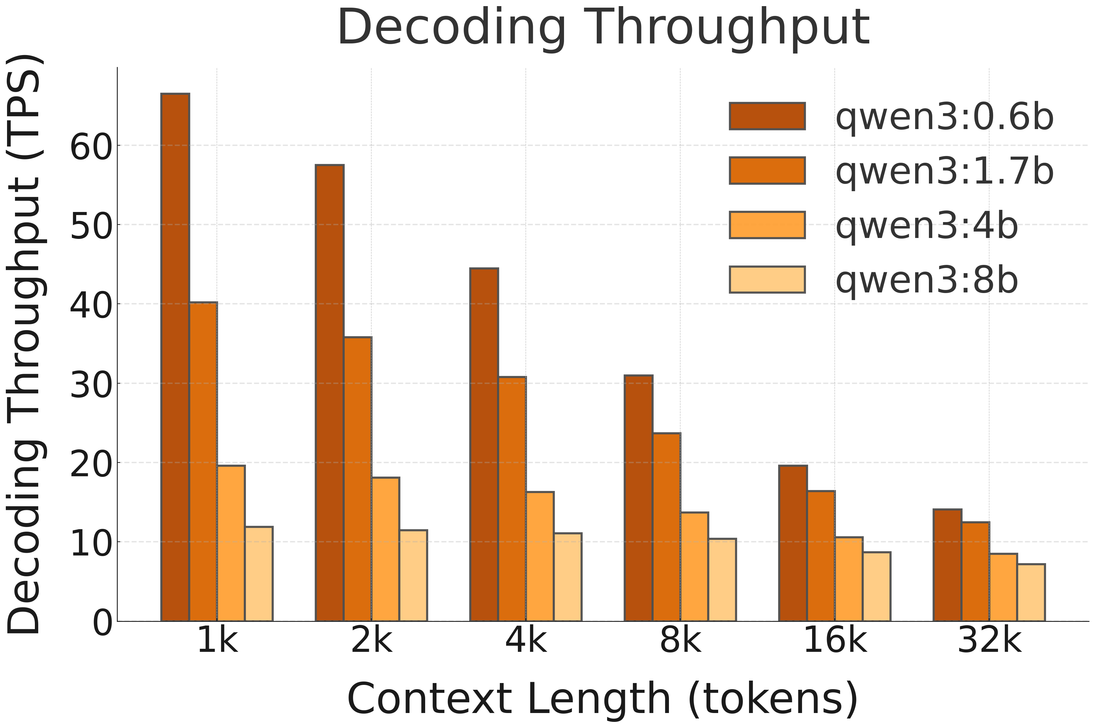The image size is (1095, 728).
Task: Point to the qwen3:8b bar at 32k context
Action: point(1031,592)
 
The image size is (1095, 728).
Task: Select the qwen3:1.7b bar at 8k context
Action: point(666,527)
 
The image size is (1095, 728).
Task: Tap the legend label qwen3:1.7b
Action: point(944,171)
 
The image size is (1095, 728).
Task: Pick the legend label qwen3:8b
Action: point(926,280)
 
